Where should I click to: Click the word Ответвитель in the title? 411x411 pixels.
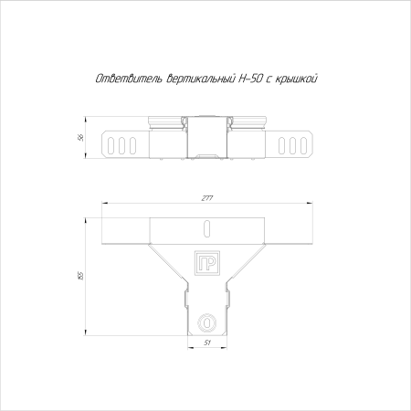[x=130, y=79]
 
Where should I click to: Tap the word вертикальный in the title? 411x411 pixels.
[x=200, y=79]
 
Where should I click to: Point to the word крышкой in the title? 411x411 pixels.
[x=296, y=79]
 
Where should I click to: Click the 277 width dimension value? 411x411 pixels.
[x=207, y=198]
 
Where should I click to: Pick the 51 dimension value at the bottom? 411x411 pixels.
[x=207, y=342]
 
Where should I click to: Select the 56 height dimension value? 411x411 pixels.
[x=81, y=137]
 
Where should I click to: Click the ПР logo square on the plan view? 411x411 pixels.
[x=207, y=263]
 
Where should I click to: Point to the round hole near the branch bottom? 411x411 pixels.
[x=207, y=322]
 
